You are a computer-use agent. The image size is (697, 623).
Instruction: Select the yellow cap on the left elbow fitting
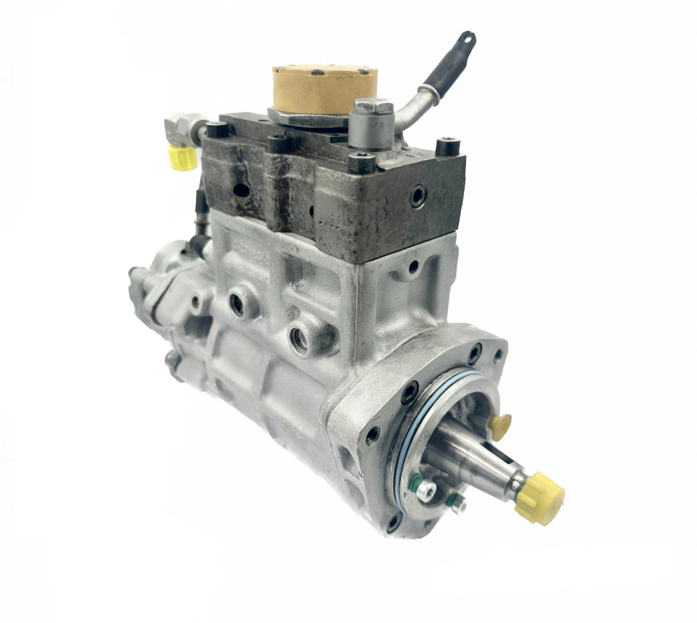point(182,156)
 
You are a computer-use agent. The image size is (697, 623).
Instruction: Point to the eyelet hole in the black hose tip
point(467,40)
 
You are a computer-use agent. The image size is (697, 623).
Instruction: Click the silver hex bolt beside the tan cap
point(372,123)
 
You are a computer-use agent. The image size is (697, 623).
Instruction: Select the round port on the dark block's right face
point(417,195)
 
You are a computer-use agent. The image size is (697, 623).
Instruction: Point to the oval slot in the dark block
point(241,190)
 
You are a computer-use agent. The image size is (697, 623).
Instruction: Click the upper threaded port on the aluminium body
point(239,304)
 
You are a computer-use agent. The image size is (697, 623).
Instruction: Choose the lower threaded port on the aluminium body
point(299,338)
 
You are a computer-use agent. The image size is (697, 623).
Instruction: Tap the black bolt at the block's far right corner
point(447,147)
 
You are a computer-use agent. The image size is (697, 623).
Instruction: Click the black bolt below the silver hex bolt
point(362,163)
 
